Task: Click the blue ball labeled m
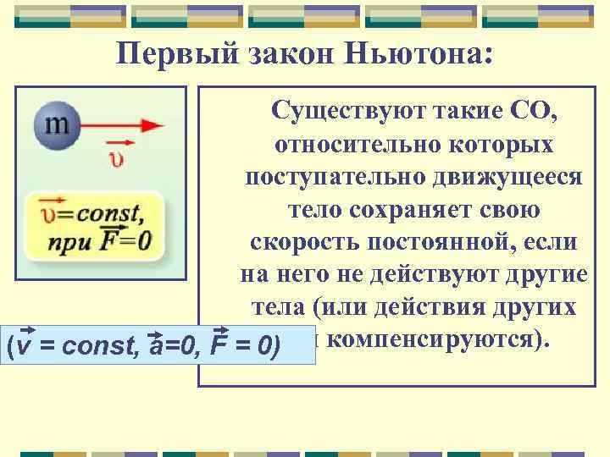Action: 56,125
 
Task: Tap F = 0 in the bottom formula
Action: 247,347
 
